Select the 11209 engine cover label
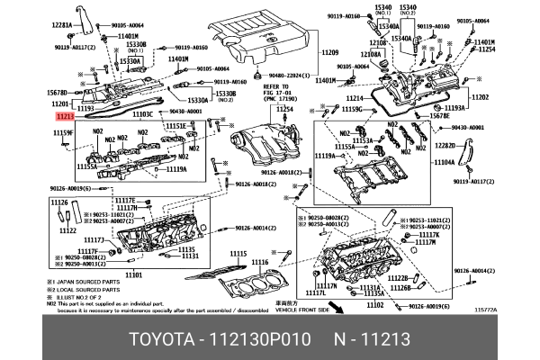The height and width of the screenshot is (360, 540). [329, 54]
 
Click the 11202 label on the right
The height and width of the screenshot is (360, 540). [480, 96]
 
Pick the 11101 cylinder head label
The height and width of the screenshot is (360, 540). [134, 274]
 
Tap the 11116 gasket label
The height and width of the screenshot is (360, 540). [259, 262]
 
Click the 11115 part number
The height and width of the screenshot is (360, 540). [238, 255]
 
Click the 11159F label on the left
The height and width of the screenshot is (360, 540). [62, 132]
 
